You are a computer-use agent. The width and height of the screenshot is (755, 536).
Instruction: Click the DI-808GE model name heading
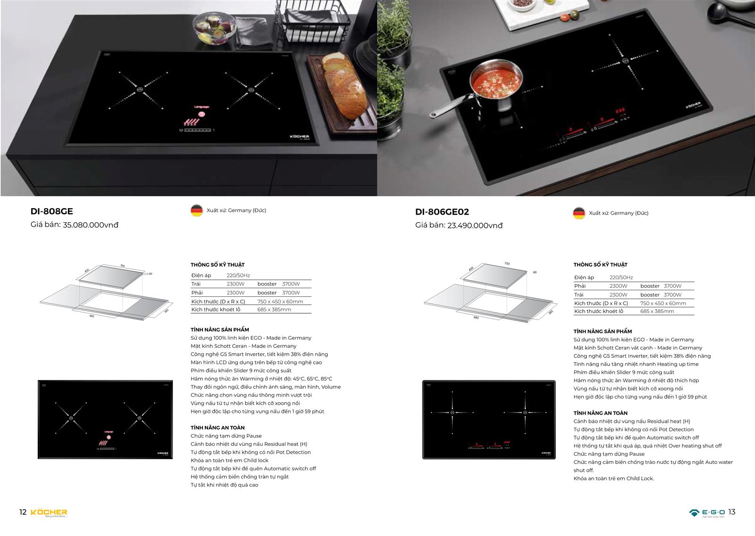pyautogui.click(x=51, y=211)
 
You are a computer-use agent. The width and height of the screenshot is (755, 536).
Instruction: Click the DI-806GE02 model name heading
pyautogui.click(x=442, y=212)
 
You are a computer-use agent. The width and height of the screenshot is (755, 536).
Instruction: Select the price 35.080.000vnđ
pyautogui.click(x=91, y=225)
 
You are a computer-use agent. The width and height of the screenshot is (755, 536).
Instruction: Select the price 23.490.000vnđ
pyautogui.click(x=475, y=226)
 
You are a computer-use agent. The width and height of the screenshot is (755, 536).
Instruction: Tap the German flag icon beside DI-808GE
pyautogui.click(x=197, y=210)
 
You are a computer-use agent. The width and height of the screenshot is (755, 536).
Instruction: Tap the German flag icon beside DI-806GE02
pyautogui.click(x=579, y=213)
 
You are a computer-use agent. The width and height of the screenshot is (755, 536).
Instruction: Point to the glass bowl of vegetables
pyautogui.click(x=215, y=28)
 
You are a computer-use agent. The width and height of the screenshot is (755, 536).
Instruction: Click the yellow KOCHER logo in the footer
pyautogui.click(x=49, y=512)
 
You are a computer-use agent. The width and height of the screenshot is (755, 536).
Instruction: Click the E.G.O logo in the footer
pyautogui.click(x=707, y=513)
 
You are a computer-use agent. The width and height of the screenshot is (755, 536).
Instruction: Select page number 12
pyautogui.click(x=23, y=512)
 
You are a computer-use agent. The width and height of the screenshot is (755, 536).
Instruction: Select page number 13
pyautogui.click(x=732, y=512)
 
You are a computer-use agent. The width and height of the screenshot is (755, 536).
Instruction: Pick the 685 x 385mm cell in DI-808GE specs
pyautogui.click(x=274, y=310)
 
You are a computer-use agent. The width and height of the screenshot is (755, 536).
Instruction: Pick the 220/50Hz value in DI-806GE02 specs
pyautogui.click(x=621, y=277)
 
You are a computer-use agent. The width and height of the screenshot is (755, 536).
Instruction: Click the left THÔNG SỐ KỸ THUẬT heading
pyautogui.click(x=218, y=265)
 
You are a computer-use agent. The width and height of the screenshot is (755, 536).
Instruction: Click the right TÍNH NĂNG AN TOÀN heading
pyautogui.click(x=600, y=413)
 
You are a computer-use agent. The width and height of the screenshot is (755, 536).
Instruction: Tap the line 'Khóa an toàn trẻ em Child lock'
pyautogui.click(x=229, y=460)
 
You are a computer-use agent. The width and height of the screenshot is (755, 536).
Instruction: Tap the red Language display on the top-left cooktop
pyautogui.click(x=201, y=107)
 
